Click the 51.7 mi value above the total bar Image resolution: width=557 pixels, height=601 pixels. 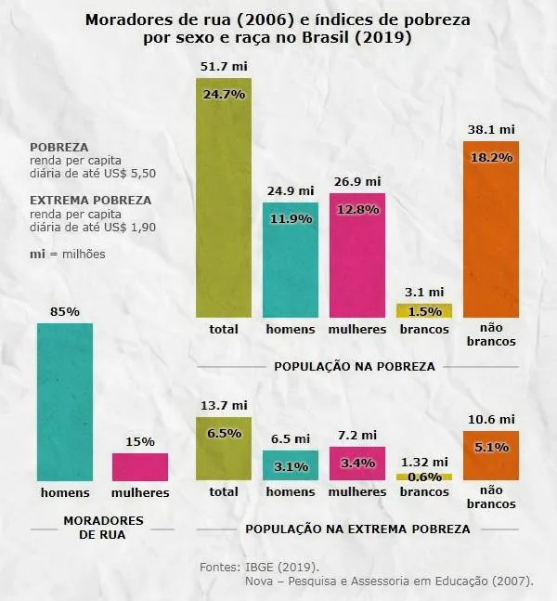(224, 67)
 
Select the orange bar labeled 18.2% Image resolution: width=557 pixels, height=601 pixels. (490, 232)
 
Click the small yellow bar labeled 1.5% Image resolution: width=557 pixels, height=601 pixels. (423, 311)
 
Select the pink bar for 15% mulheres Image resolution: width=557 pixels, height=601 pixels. (140, 466)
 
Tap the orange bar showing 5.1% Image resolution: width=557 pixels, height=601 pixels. (490, 455)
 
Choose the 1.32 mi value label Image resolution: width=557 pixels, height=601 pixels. (423, 462)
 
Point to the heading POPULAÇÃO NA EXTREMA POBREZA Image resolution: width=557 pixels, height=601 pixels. (357, 529)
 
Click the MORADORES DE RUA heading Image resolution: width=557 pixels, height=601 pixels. (102, 528)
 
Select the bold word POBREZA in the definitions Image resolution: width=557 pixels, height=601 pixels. (59, 148)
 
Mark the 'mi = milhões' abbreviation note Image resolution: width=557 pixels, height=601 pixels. (68, 254)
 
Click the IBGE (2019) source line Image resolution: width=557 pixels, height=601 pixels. (259, 566)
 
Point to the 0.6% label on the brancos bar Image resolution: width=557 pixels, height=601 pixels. (423, 477)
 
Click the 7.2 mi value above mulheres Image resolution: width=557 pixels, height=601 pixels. (357, 435)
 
